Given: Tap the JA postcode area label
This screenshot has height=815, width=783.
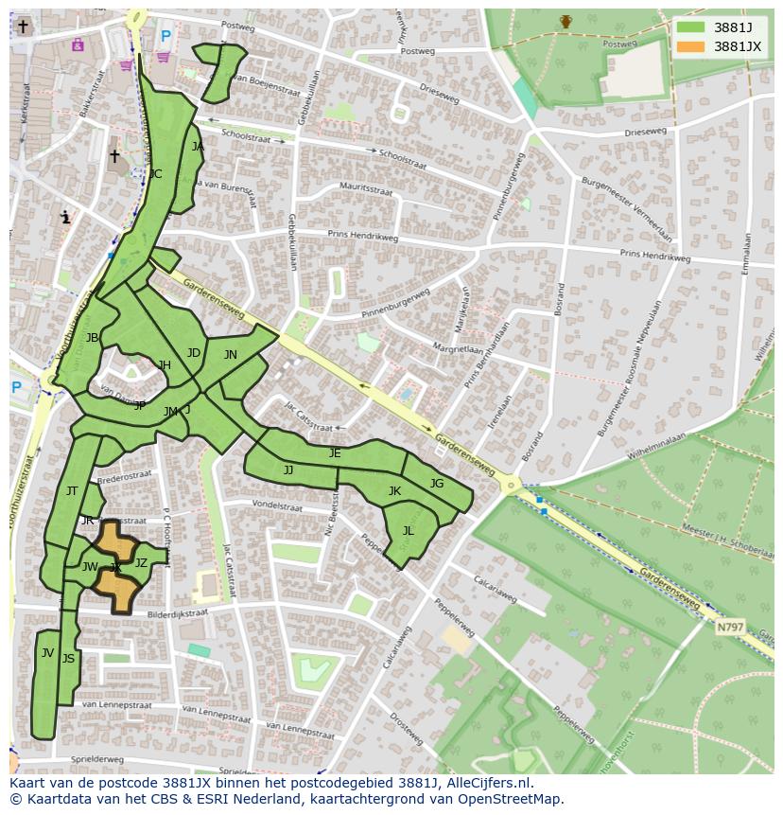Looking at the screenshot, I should pos(198,147).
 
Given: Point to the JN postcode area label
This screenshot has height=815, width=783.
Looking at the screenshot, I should pos(230,355).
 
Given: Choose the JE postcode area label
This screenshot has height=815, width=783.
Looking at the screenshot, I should pos(335,453).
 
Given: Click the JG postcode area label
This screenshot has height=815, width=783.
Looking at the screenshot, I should pos(436,484).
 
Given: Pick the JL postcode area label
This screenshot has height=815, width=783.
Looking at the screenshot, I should pos(408,531).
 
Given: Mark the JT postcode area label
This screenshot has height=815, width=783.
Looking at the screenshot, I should pos(72,490).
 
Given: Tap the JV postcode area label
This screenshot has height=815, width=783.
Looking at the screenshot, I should pos(47,652).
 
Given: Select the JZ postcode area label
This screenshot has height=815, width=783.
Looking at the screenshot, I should pos(141,562).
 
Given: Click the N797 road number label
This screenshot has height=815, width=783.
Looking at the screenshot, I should pos(729,627).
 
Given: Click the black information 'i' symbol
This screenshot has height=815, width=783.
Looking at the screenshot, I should pos(65,217).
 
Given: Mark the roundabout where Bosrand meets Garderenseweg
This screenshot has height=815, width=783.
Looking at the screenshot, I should pos(513,486).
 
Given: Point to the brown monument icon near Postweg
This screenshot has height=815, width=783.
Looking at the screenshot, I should pos(565,21).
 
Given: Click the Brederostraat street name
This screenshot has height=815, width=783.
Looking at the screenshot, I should pos(125,479).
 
